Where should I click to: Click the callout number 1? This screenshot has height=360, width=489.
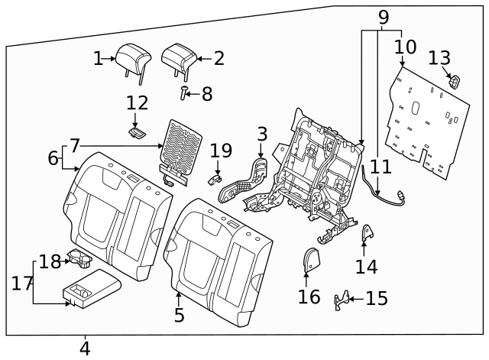[x=98, y=58]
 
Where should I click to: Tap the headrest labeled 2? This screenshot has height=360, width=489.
[x=179, y=55]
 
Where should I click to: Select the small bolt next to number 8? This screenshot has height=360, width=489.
[x=184, y=94]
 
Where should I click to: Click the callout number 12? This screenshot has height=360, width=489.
[x=138, y=102]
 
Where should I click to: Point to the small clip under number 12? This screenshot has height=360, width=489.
[x=137, y=132]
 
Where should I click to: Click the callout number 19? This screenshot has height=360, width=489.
[x=220, y=151]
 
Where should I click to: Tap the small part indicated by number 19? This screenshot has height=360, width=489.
[x=215, y=176]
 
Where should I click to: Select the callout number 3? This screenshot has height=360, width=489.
[x=262, y=134]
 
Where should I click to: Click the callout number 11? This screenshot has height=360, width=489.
[x=381, y=166]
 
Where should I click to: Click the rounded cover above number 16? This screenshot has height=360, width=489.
[x=310, y=260]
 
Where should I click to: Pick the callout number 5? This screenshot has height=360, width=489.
[x=178, y=315]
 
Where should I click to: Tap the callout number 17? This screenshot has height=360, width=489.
[x=22, y=284]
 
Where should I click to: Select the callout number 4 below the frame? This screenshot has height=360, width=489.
[x=84, y=349]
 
